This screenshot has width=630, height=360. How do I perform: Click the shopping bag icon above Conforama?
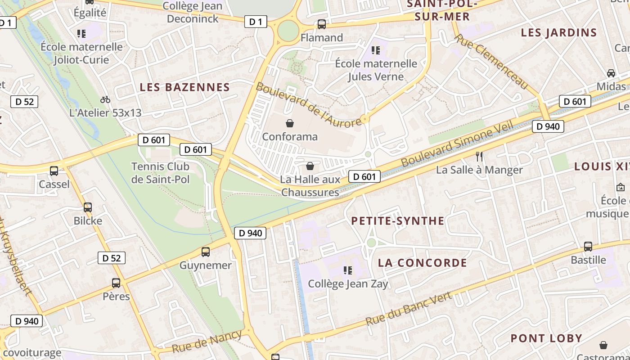(290, 123)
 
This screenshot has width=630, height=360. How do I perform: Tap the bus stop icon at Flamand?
(321, 24)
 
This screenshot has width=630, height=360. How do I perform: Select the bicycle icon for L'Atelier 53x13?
(105, 99)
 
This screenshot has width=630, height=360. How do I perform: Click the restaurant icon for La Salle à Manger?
(479, 157)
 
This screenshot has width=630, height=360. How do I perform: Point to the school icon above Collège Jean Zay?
(347, 270)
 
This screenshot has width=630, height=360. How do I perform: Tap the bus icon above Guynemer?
(206, 252)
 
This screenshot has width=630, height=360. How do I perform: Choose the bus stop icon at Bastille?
(588, 247)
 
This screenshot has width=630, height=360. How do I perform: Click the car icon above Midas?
(611, 73)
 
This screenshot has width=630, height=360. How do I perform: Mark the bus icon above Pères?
(116, 283)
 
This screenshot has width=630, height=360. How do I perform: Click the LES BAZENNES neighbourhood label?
(185, 87)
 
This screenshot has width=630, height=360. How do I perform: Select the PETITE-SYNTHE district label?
(398, 221)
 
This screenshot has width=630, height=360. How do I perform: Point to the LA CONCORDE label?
(423, 263)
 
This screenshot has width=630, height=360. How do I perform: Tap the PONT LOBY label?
(546, 338)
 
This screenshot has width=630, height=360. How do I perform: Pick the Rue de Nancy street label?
(207, 342)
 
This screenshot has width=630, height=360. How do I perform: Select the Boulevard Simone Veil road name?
(457, 144)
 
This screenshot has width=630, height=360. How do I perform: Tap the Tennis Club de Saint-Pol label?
(161, 173)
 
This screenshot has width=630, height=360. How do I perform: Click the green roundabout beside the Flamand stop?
(288, 31)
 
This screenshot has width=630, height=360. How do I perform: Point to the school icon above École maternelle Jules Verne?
(375, 50)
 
